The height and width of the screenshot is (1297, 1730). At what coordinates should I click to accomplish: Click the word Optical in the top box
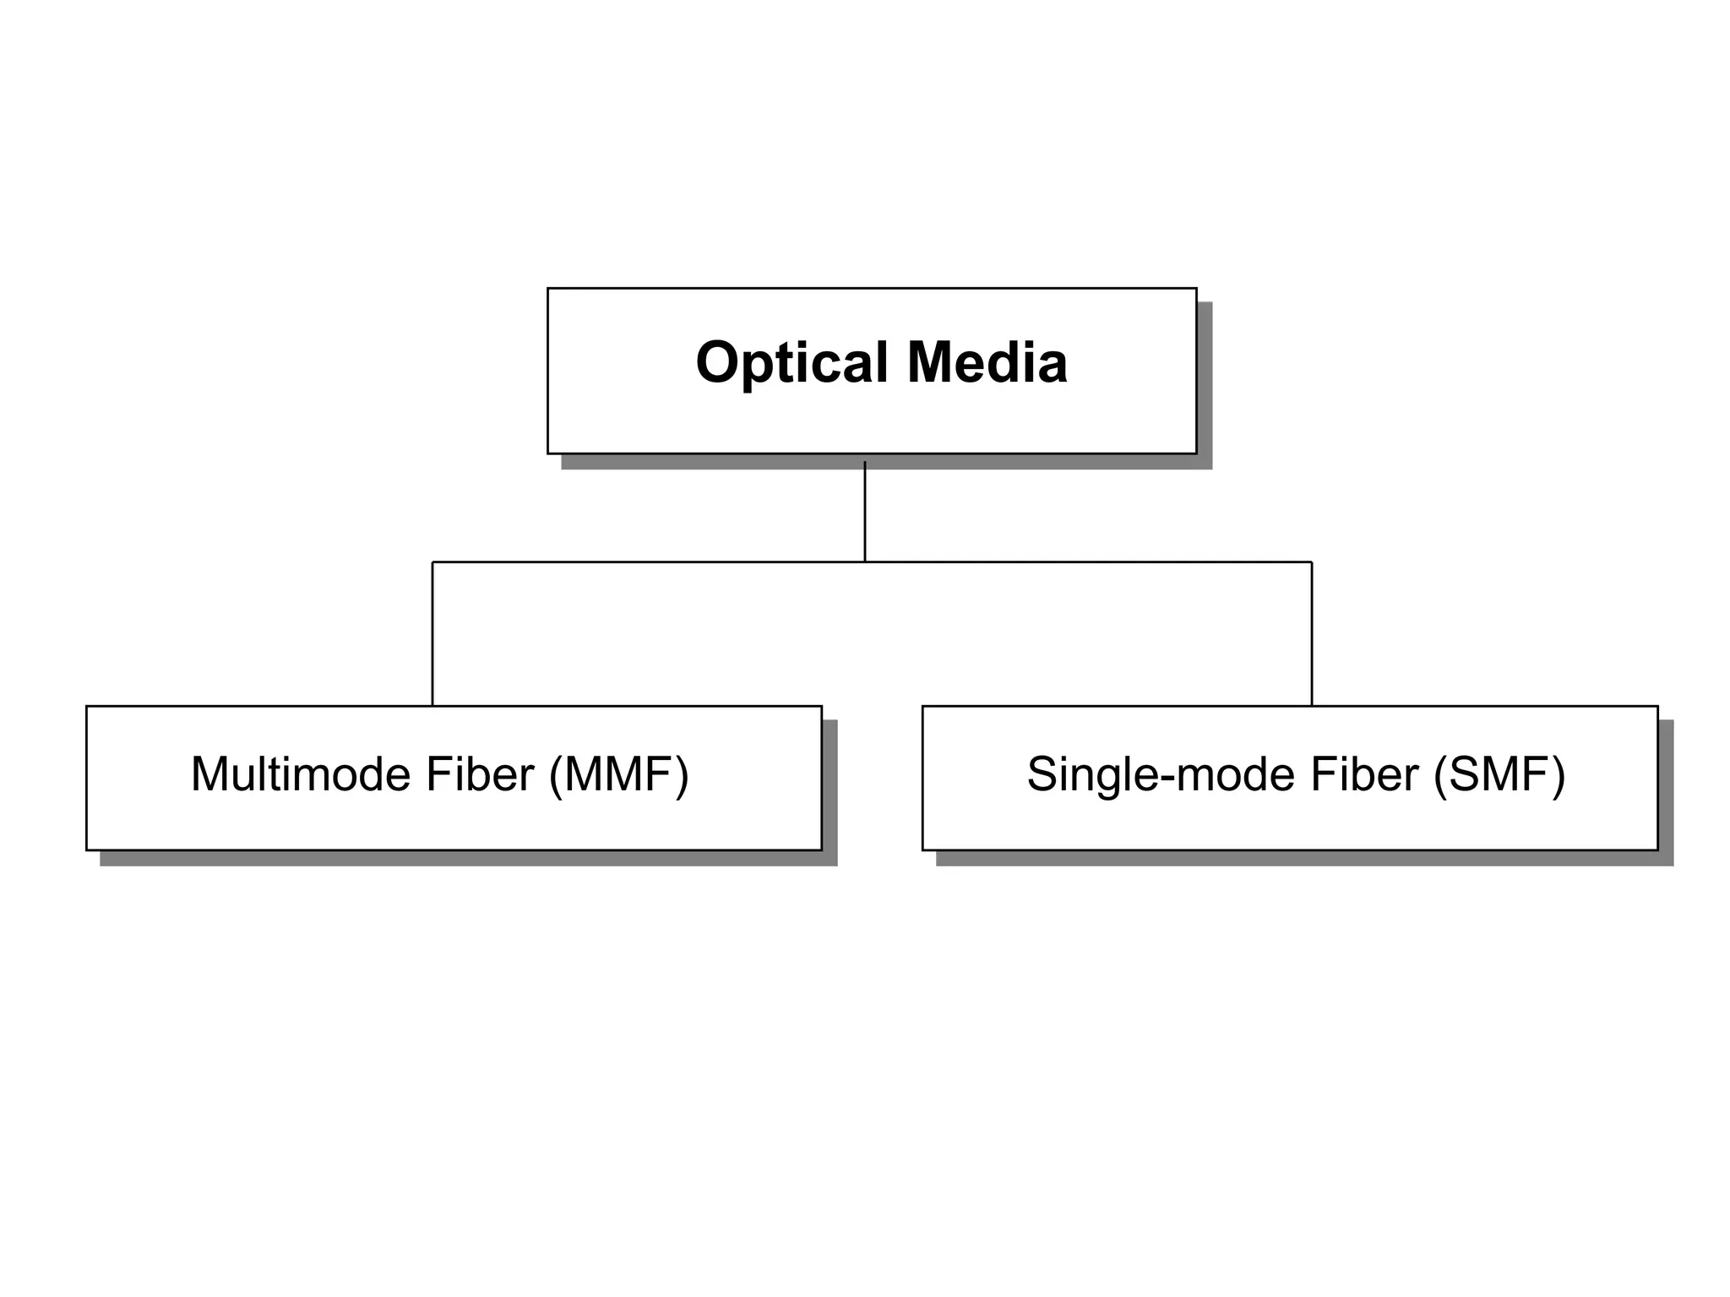tap(792, 363)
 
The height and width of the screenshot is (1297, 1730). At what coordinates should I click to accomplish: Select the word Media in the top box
tap(987, 363)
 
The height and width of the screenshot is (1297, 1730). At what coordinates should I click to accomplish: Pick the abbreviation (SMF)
tap(1499, 774)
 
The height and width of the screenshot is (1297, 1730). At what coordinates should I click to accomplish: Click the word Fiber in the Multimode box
tap(480, 773)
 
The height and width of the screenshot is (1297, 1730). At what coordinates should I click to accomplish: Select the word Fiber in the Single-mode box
tap(1364, 773)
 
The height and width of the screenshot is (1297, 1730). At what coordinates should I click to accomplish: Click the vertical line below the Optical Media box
tap(865, 511)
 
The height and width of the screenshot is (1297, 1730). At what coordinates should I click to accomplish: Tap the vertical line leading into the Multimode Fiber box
tap(432, 633)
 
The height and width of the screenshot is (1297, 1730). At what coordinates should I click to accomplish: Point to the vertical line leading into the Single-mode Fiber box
tap(1312, 633)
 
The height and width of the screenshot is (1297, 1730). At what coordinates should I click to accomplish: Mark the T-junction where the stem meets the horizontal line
tap(865, 562)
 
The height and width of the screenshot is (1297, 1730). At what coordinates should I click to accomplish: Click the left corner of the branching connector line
tap(432, 562)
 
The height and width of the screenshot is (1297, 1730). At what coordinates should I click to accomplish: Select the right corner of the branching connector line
tap(1312, 562)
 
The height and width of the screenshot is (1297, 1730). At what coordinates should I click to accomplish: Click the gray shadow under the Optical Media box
tap(887, 462)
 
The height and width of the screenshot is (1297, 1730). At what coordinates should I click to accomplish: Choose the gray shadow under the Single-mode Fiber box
tap(1305, 858)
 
